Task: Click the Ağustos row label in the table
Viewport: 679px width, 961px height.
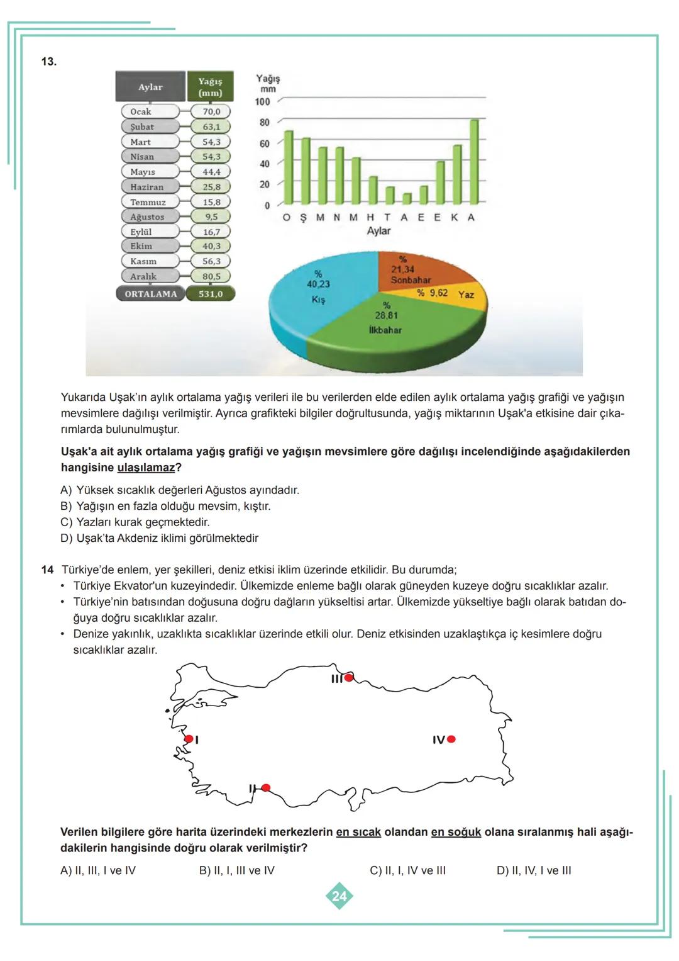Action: (147, 216)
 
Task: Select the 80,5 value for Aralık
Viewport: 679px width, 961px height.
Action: (211, 276)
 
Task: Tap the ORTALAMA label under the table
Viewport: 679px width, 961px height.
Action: (151, 294)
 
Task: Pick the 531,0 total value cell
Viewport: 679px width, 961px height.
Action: (211, 294)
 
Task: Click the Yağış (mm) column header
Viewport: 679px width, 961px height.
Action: (210, 87)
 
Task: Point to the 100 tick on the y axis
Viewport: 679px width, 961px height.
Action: (262, 101)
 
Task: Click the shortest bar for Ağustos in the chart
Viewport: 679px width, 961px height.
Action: (406, 198)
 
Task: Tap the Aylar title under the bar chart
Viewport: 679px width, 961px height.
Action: (378, 231)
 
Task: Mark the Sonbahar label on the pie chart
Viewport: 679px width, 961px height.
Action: (411, 279)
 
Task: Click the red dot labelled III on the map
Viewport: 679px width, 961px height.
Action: (349, 678)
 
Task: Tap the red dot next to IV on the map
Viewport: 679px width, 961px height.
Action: (451, 739)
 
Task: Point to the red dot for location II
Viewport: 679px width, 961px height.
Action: (266, 788)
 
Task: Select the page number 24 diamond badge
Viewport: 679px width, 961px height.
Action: (339, 896)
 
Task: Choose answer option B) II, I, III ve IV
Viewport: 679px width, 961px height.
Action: (236, 871)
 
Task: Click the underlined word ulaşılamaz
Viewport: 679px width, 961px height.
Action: (146, 468)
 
